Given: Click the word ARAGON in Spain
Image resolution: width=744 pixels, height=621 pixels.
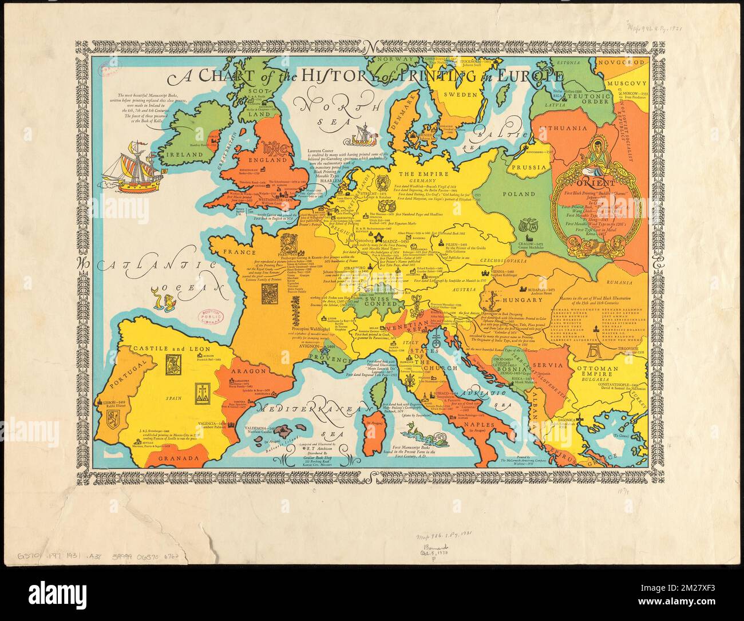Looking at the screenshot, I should click(248, 370).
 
